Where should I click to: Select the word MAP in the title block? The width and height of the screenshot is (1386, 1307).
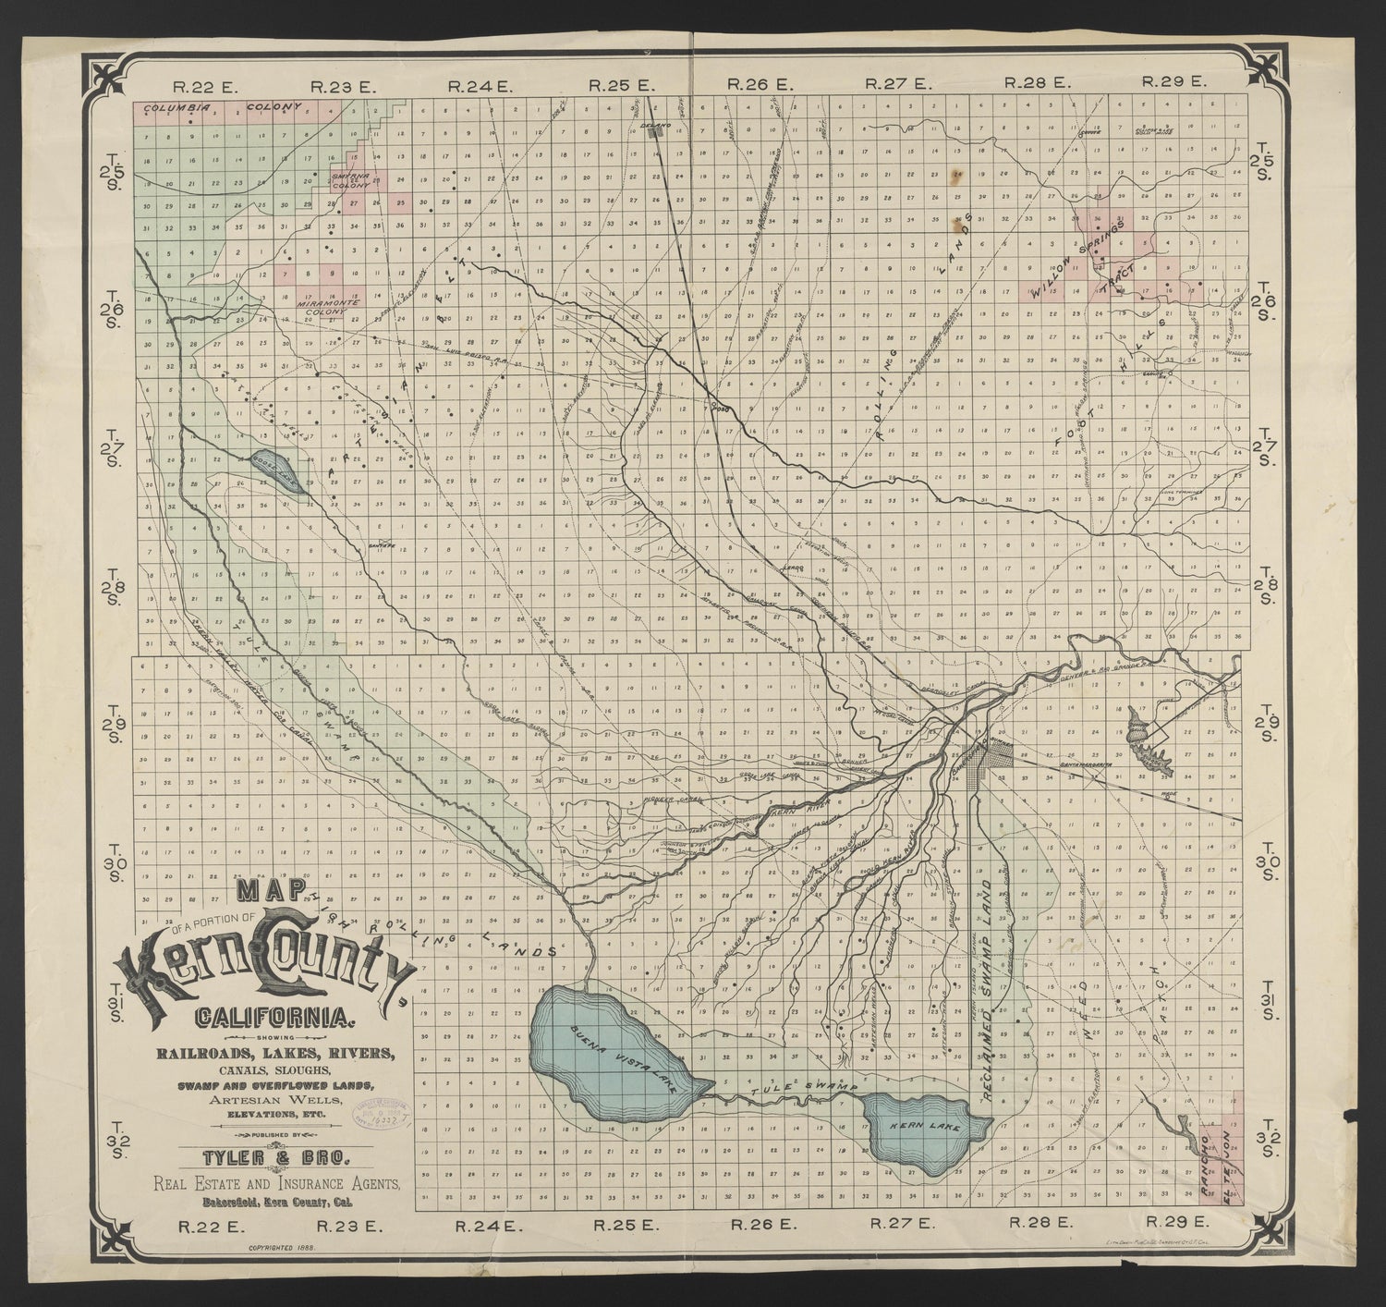[x=273, y=890]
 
